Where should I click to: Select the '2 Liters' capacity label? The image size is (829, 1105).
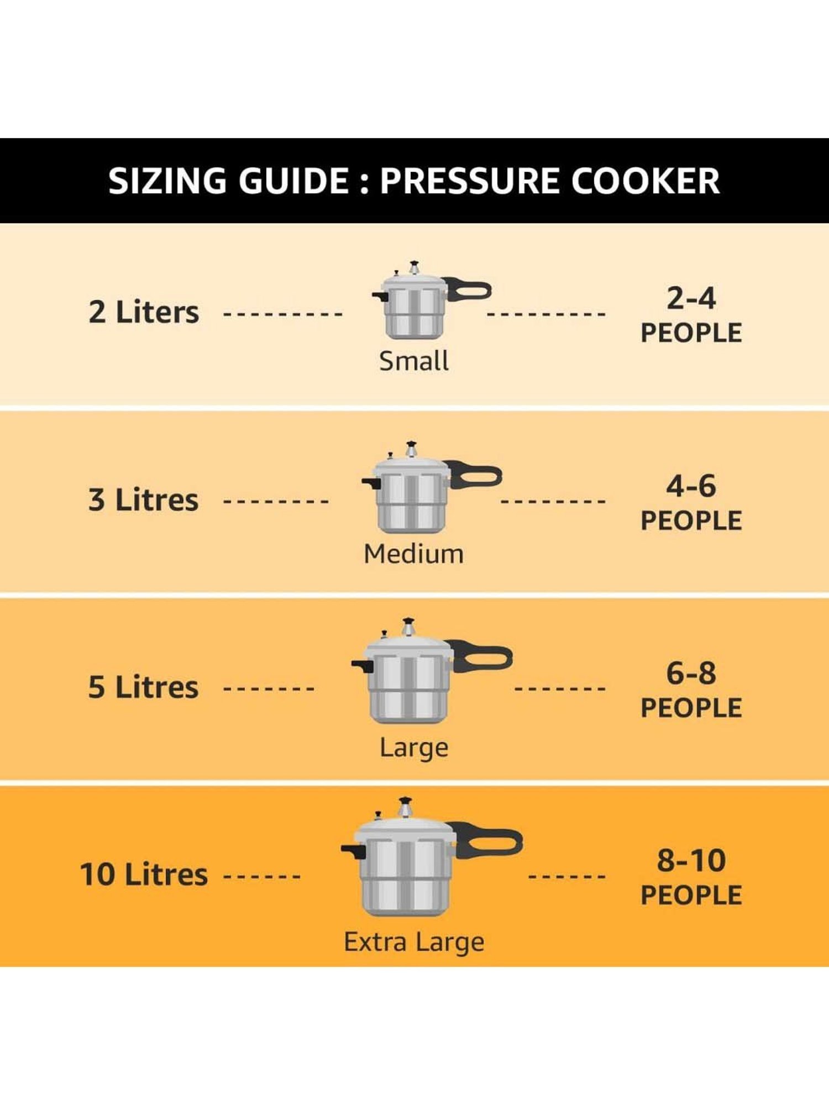click(144, 312)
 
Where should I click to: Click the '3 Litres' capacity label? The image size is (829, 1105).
click(143, 500)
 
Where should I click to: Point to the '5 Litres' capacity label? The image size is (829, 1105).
click(143, 687)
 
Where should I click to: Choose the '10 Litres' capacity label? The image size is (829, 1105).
click(144, 875)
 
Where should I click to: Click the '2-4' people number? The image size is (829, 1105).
click(691, 298)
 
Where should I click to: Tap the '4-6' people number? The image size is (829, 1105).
click(691, 486)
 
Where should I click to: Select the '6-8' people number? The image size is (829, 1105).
click(691, 673)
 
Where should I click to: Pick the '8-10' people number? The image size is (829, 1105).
click(691, 860)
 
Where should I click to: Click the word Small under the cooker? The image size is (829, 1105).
click(413, 361)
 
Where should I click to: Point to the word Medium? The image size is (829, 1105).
click(413, 554)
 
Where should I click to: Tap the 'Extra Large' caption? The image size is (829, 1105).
click(413, 941)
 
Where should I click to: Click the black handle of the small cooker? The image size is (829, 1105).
click(470, 290)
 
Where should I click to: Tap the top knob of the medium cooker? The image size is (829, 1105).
click(411, 449)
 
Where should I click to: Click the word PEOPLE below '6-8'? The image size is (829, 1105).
click(691, 708)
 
